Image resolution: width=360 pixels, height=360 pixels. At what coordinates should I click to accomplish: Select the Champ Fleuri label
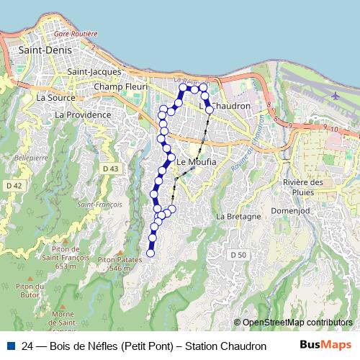pyautogui.click(x=120, y=87)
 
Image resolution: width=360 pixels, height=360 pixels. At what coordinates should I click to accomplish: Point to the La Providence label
pyautogui.click(x=83, y=114)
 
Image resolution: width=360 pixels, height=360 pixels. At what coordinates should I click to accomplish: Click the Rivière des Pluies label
pyautogui.click(x=302, y=187)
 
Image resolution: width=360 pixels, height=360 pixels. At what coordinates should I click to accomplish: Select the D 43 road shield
pyautogui.click(x=110, y=168)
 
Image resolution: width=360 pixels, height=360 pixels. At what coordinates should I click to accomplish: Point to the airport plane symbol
pyautogui.click(x=335, y=95)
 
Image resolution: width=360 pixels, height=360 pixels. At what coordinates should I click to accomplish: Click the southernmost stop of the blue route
pyautogui.click(x=150, y=253)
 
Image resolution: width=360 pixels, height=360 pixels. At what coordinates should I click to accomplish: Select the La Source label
pyautogui.click(x=51, y=97)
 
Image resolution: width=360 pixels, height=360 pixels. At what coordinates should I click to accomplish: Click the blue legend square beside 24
pyautogui.click(x=10, y=346)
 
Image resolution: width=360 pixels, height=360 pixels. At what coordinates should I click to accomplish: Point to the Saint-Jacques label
pyautogui.click(x=93, y=72)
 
